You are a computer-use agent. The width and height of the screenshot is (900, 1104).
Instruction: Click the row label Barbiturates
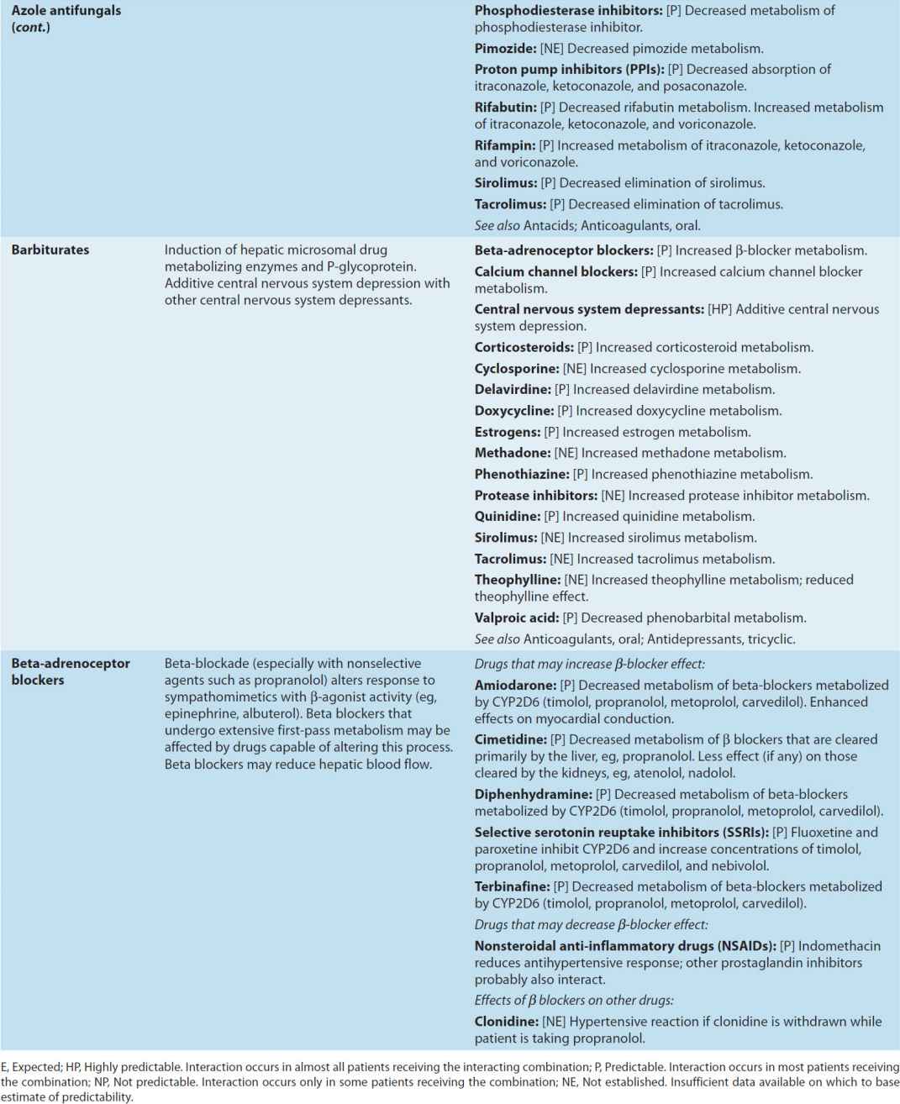pyautogui.click(x=50, y=250)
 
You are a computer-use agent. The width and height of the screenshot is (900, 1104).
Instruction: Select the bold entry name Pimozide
pyautogui.click(x=505, y=48)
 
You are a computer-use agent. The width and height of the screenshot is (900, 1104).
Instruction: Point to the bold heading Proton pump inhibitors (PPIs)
pyautogui.click(x=569, y=69)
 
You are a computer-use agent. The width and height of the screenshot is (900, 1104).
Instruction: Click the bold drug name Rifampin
pyautogui.click(x=504, y=145)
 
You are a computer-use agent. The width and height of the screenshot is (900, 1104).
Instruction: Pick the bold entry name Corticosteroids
pyautogui.click(x=524, y=347)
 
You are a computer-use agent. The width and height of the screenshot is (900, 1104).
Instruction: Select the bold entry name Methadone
pyautogui.click(x=512, y=453)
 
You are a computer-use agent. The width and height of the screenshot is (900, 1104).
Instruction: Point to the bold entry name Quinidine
pyautogui.click(x=507, y=516)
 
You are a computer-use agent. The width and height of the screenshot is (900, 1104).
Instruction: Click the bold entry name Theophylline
pyautogui.click(x=517, y=580)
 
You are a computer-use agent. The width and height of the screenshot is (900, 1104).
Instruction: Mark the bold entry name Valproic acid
pyautogui.click(x=516, y=618)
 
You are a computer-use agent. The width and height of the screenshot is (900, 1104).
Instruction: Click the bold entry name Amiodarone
pyautogui.click(x=515, y=685)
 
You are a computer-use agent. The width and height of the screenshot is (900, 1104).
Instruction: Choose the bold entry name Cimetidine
pyautogui.click(x=511, y=739)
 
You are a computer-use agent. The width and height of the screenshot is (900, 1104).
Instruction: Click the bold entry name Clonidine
pyautogui.click(x=506, y=1022)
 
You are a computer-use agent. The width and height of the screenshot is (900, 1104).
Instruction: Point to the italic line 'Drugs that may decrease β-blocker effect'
pyautogui.click(x=591, y=924)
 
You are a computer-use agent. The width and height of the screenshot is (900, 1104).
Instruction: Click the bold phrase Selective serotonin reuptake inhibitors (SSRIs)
pyautogui.click(x=621, y=832)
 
